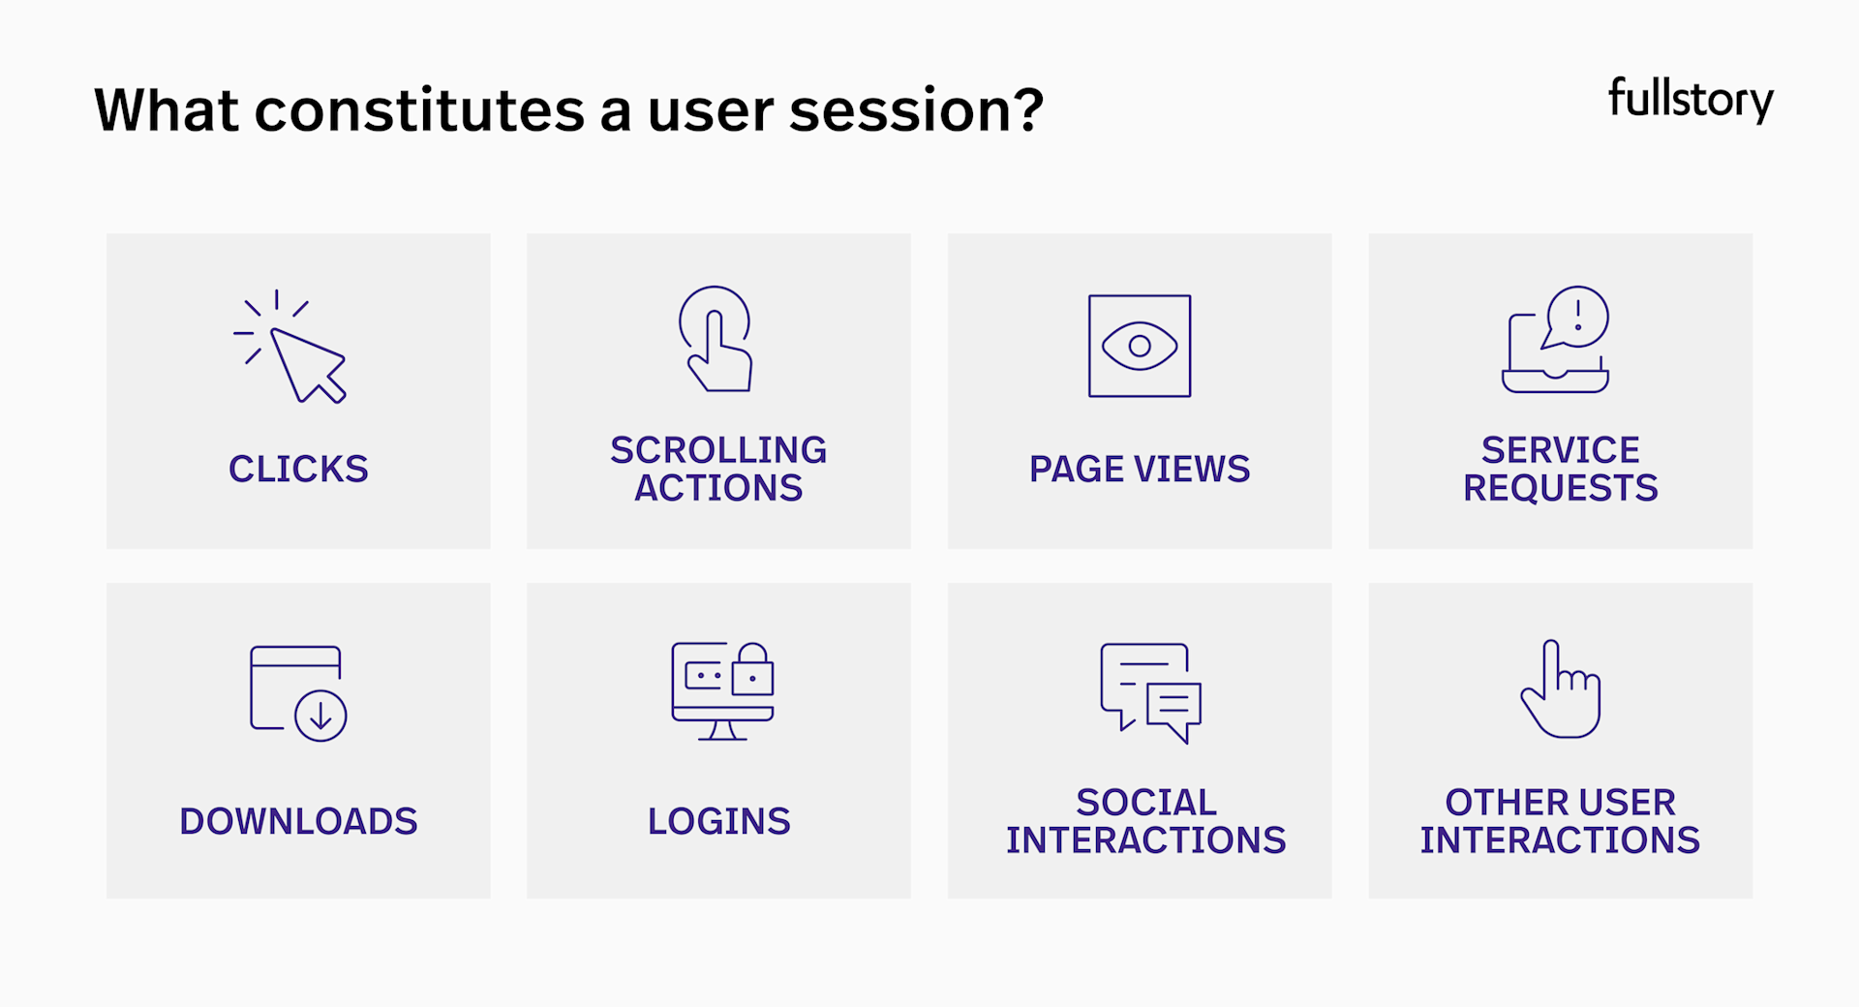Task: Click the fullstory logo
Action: pos(1690,100)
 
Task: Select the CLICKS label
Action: pos(298,470)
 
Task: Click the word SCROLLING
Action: pos(718,450)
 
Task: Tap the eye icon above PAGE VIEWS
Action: pos(1140,346)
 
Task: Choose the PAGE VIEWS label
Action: pos(1140,470)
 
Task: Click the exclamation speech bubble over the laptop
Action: pos(1577,316)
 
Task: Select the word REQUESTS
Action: pos(1560,488)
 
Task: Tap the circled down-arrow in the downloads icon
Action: pos(320,717)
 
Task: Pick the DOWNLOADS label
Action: pos(298,822)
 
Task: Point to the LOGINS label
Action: pos(718,822)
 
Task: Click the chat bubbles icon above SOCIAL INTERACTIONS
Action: pos(1150,691)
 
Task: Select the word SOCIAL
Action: pos(1146,803)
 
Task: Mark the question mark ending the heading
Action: pos(1025,110)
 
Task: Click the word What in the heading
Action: pos(166,110)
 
